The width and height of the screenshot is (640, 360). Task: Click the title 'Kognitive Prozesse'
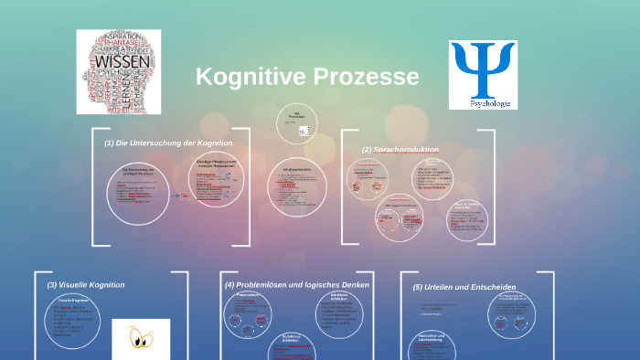click(307, 77)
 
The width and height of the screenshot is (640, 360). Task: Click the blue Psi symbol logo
click(482, 70)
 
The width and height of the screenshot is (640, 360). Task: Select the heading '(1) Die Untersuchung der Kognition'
click(168, 143)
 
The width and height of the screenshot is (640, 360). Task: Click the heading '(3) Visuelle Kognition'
click(86, 285)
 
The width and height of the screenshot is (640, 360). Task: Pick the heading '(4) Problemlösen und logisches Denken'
click(297, 285)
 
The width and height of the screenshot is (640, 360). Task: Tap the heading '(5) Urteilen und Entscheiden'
click(464, 288)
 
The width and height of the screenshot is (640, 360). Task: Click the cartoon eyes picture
click(141, 338)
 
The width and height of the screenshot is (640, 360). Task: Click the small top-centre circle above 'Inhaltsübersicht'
click(298, 123)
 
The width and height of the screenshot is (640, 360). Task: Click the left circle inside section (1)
click(138, 193)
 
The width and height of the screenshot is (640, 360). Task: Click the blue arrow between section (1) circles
click(180, 194)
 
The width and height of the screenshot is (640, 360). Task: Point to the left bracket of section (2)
click(344, 187)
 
